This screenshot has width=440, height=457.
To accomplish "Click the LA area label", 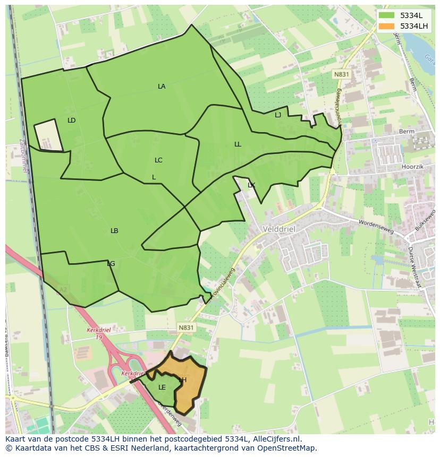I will pyautogui.click(x=162, y=87).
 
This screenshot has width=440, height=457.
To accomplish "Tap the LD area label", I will pyautogui.click(x=72, y=120).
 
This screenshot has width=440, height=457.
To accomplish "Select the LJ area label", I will pyautogui.click(x=278, y=115).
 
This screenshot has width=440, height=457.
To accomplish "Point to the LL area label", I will pyautogui.click(x=238, y=144).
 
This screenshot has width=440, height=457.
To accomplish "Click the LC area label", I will pyautogui.click(x=158, y=160).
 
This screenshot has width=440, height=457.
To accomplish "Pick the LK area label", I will pyautogui.click(x=251, y=185).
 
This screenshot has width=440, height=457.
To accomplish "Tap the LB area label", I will pyautogui.click(x=114, y=231).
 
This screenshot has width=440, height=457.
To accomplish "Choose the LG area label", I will pyautogui.click(x=111, y=264).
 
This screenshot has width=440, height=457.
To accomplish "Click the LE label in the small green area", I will pyautogui.click(x=162, y=387).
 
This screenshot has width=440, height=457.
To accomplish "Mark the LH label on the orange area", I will pyautogui.click(x=183, y=380).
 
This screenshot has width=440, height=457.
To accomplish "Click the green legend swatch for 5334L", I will pyautogui.click(x=387, y=15).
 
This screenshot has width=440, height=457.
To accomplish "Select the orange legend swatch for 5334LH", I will pyautogui.click(x=387, y=26).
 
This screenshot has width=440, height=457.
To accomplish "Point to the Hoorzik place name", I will pyautogui.click(x=412, y=166).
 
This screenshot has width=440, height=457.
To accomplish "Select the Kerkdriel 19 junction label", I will pyautogui.click(x=98, y=333).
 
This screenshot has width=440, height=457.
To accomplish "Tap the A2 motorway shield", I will pyautogui.click(x=62, y=290).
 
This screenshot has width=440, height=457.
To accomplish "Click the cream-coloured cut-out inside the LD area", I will pyautogui.click(x=48, y=135).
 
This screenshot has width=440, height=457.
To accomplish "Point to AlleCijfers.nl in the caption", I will pyautogui.click(x=275, y=439).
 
